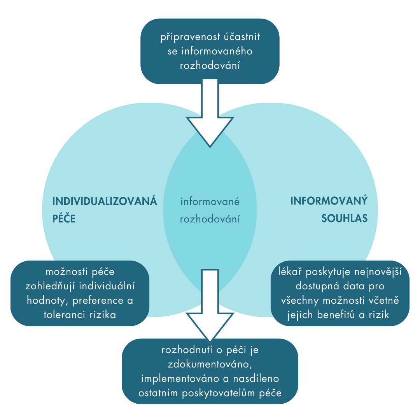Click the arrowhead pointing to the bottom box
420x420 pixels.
click(210, 327)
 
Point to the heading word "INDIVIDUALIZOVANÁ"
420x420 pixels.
click(105, 201)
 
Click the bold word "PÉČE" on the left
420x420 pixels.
click(64, 219)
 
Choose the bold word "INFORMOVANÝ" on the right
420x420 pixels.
click(329, 201)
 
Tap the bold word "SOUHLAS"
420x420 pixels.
click(344, 219)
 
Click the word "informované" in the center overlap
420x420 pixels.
click(210, 202)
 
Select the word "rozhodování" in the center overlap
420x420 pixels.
click(210, 219)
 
